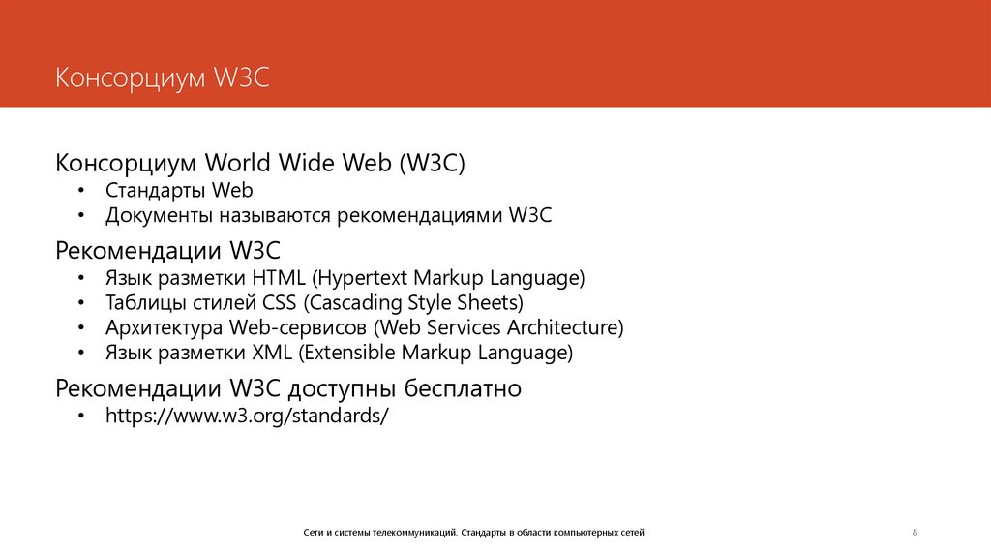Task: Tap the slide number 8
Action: click(x=915, y=533)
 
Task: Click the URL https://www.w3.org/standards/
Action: click(x=247, y=416)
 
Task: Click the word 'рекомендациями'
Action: click(x=418, y=215)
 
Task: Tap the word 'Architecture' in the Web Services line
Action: click(x=572, y=327)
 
